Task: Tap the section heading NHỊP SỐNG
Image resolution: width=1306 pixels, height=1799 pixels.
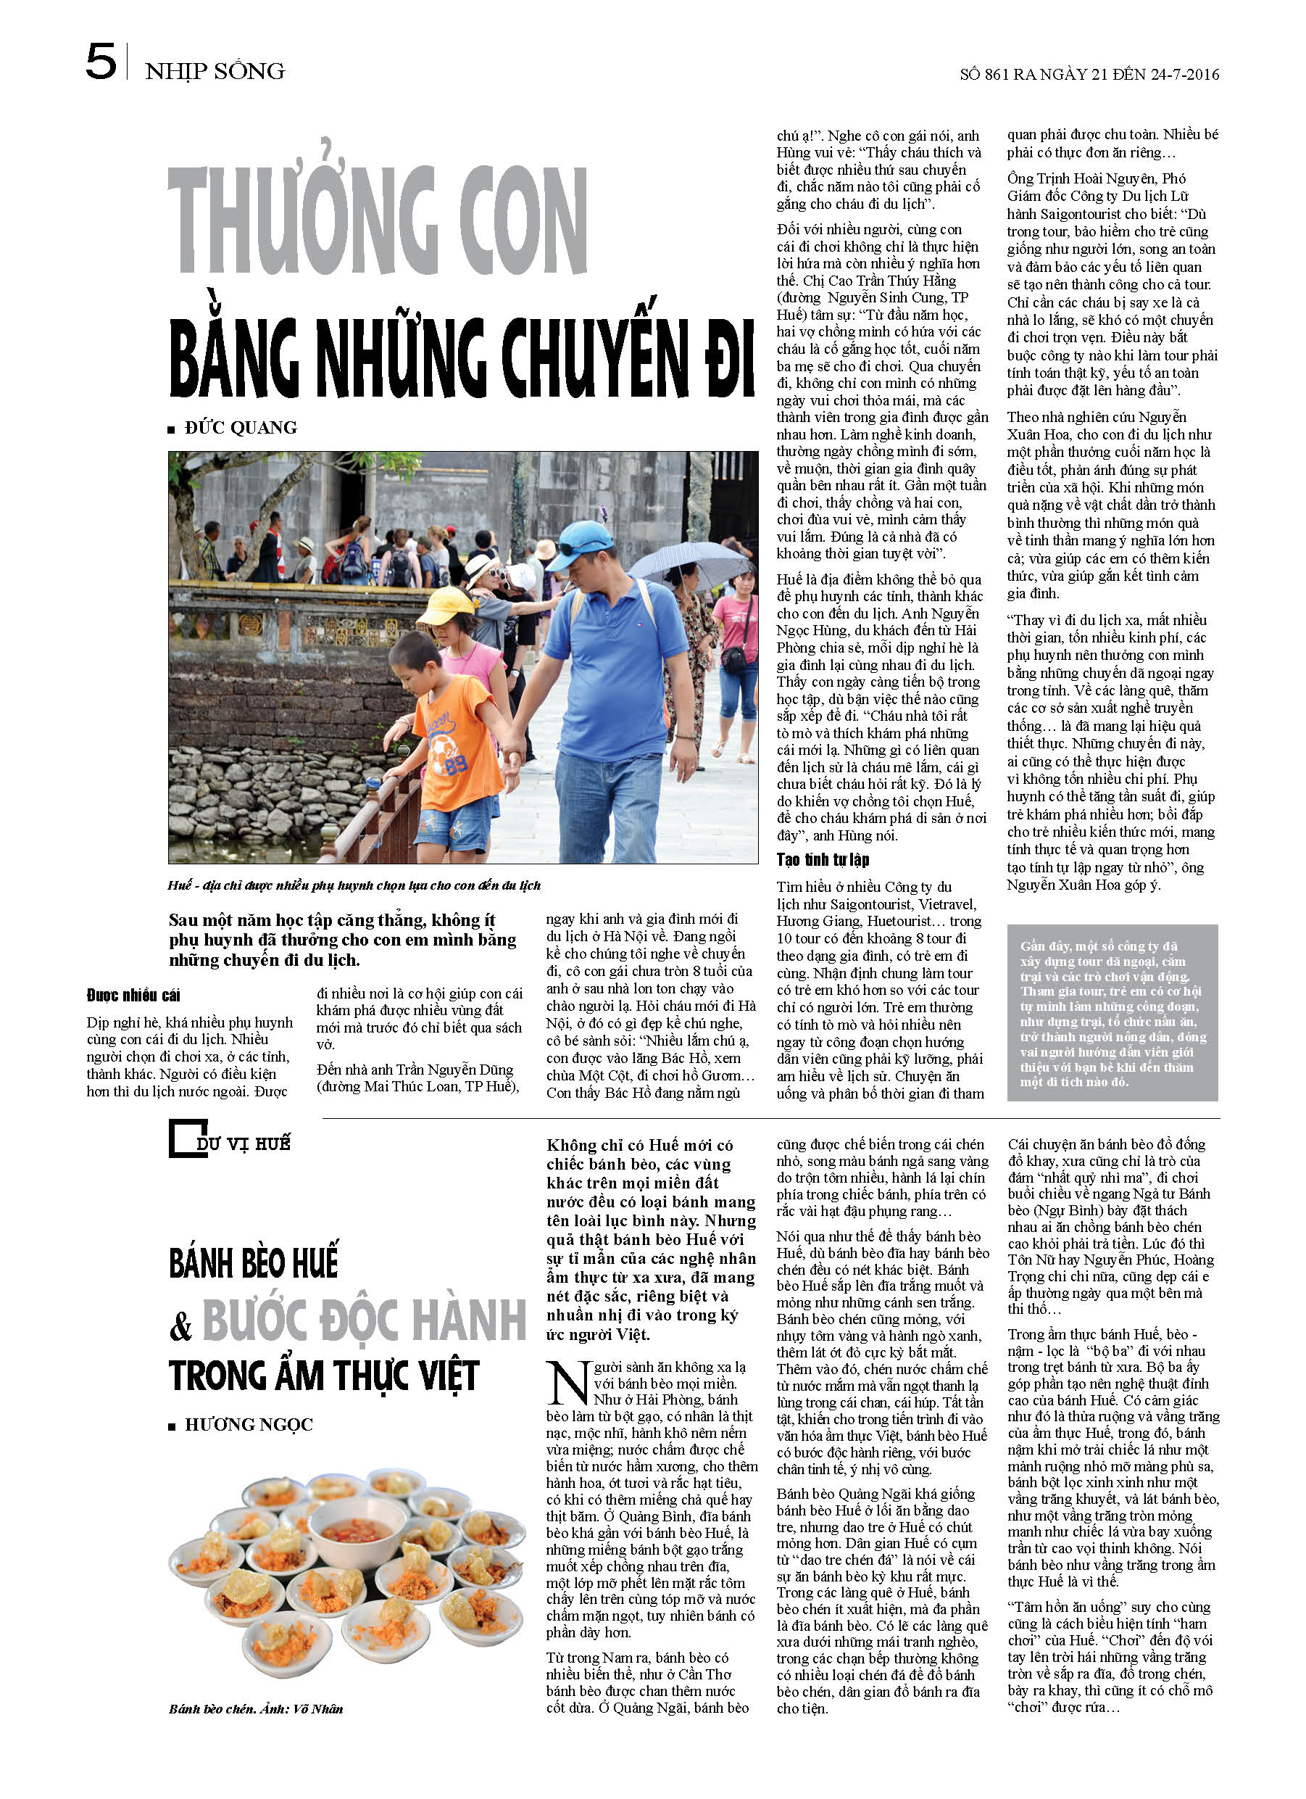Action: pyautogui.click(x=215, y=71)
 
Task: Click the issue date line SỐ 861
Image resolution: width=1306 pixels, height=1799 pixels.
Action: pyautogui.click(x=1089, y=75)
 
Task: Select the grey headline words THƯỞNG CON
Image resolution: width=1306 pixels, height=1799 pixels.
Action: pyautogui.click(x=378, y=220)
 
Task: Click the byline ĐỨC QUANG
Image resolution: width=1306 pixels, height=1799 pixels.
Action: pyautogui.click(x=241, y=429)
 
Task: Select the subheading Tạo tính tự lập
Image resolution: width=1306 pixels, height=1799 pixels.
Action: pyautogui.click(x=823, y=860)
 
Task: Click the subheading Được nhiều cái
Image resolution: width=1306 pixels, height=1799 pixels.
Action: pyautogui.click(x=133, y=996)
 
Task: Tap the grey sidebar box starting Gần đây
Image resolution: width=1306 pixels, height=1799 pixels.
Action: pyautogui.click(x=1112, y=1013)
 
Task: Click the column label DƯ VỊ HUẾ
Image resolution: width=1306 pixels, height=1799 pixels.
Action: pyautogui.click(x=243, y=1143)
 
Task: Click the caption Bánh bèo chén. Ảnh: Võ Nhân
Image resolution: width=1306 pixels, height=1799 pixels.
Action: pyautogui.click(x=255, y=1708)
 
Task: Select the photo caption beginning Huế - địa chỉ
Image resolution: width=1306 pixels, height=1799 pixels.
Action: pyautogui.click(x=354, y=885)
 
